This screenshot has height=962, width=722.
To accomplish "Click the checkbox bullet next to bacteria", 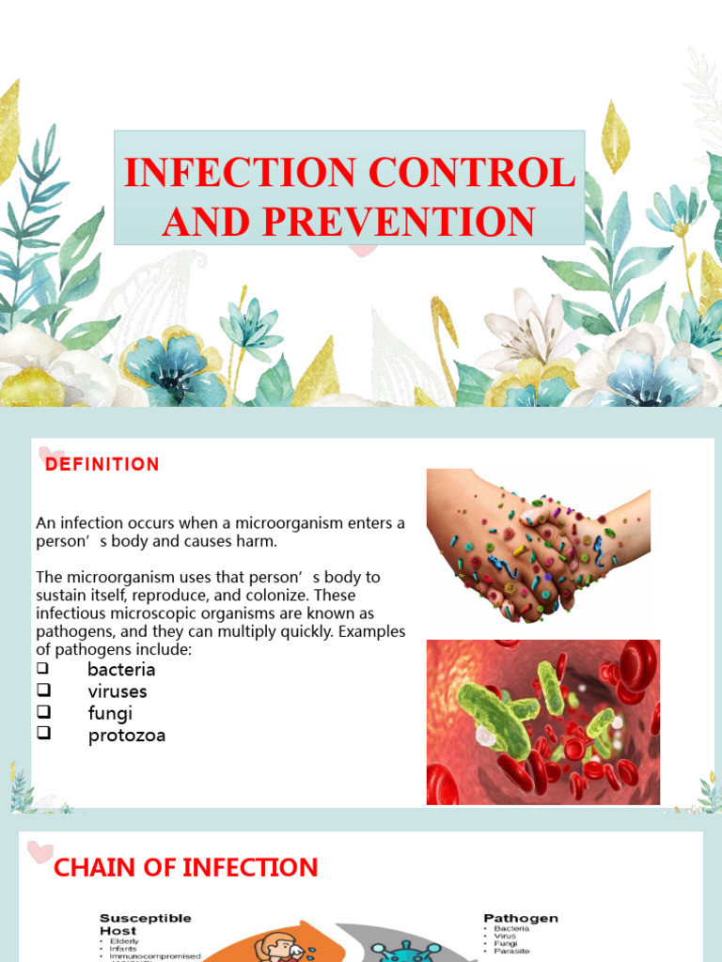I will click(x=42, y=669).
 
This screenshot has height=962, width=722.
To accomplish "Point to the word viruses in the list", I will click(x=118, y=691).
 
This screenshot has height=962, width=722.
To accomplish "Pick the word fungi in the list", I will click(x=110, y=713).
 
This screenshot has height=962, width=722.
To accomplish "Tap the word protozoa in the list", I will click(x=126, y=736).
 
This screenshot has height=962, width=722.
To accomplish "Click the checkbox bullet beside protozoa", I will click(x=42, y=735).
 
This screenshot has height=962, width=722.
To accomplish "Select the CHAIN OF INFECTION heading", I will click(x=186, y=868).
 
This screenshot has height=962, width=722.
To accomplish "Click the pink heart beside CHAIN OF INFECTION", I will click(x=39, y=852).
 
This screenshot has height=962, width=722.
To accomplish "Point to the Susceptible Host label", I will click(x=146, y=923).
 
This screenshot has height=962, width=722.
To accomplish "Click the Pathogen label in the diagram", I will click(x=521, y=918).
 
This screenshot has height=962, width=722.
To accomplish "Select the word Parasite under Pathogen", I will click(x=512, y=951).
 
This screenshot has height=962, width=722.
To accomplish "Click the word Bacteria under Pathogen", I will click(x=512, y=928).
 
